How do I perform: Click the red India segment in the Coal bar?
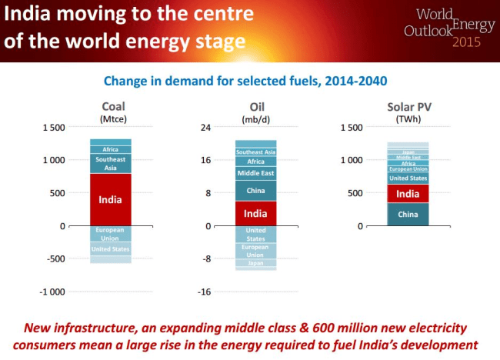click(x=110, y=199)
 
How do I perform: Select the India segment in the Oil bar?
click(x=255, y=213)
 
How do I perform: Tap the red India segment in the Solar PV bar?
click(x=408, y=194)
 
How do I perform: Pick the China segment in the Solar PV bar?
click(x=408, y=214)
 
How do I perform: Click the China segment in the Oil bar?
click(x=255, y=190)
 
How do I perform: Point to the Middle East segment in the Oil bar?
click(x=255, y=173)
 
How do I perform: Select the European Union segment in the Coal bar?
click(x=110, y=233)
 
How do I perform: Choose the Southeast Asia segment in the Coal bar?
click(x=110, y=163)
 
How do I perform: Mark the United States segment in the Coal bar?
click(x=110, y=248)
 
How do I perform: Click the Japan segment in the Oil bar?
click(x=255, y=263)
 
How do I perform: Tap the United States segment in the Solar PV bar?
click(x=408, y=178)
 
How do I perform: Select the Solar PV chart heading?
click(x=407, y=107)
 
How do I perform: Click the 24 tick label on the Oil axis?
click(x=206, y=127)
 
